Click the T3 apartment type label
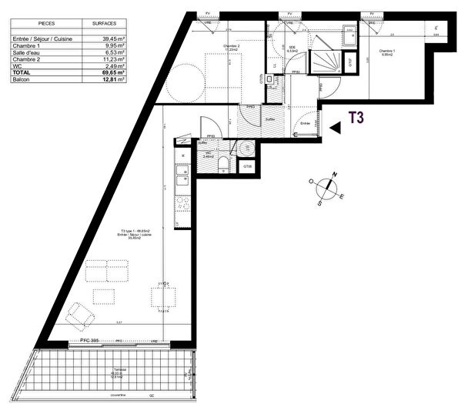coord(356,118)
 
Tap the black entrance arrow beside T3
coord(334,129)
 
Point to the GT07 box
coord(348,62)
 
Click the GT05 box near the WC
coord(247,166)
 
